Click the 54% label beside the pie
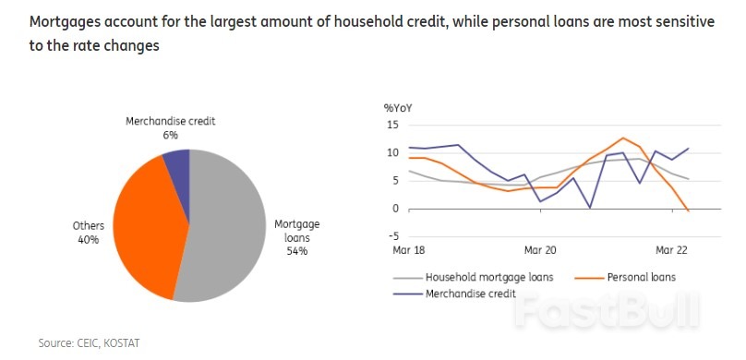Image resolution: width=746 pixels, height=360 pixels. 295,250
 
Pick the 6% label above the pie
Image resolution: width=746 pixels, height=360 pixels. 170,135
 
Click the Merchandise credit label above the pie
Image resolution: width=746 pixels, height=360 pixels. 170,121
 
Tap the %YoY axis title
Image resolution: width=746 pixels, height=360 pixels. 398,108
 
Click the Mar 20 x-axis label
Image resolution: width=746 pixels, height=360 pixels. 540,250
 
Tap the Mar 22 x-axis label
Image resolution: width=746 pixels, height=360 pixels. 671,250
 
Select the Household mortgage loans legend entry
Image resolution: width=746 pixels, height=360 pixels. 484,277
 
